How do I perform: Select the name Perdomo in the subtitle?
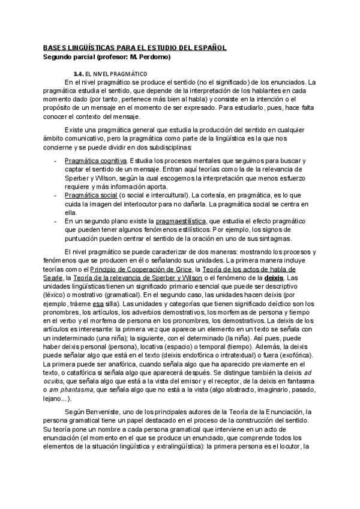[x=153, y=57]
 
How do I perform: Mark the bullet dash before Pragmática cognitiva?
[x=56, y=161]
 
